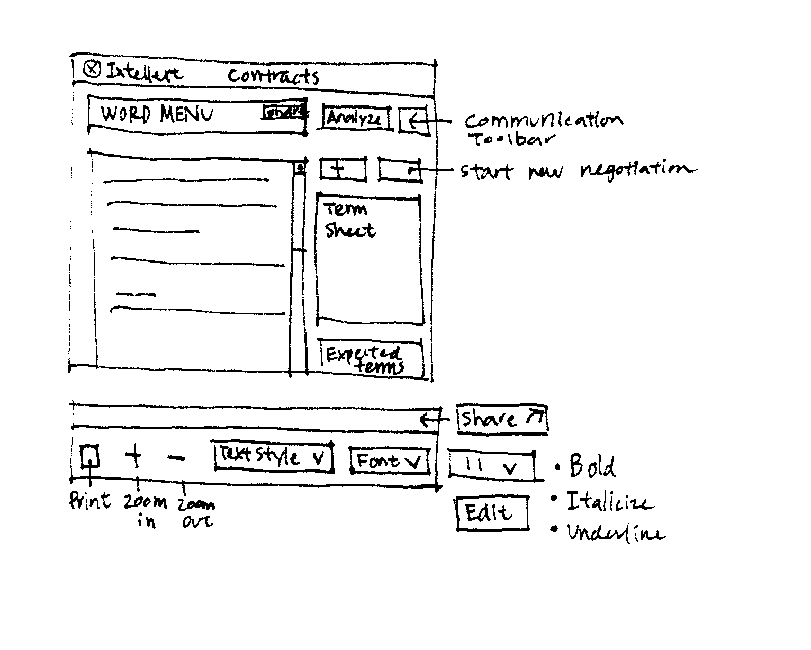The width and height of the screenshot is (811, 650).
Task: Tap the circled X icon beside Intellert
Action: [x=92, y=69]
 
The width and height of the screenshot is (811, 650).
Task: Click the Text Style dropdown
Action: [x=273, y=456]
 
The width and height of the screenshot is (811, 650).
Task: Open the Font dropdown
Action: [x=389, y=461]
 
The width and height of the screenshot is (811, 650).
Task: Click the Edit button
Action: [x=492, y=512]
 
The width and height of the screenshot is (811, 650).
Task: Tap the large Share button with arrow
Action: [x=501, y=419]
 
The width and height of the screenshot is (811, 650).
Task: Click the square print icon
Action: [x=90, y=456]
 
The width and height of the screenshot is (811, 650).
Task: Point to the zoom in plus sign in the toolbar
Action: [x=134, y=456]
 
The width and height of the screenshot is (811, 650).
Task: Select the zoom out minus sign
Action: [x=176, y=457]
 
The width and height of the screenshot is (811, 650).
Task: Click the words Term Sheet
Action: [x=349, y=220]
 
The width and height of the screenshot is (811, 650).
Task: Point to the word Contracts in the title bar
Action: [x=273, y=76]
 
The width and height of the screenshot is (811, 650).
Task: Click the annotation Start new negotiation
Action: [x=577, y=171]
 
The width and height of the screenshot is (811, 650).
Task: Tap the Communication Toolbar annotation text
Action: [x=543, y=128]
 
